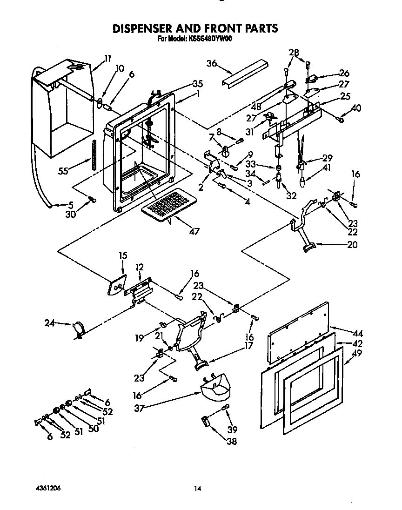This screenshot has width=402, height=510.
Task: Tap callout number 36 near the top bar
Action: point(212,64)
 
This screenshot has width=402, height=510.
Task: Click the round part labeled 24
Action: point(78,329)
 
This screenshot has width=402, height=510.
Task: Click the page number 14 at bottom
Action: point(198,488)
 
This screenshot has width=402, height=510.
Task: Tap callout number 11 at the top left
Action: point(107,59)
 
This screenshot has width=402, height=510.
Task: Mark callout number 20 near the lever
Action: point(352,245)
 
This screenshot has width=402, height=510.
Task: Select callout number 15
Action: point(123,255)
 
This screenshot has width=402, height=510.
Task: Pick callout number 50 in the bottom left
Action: point(93,429)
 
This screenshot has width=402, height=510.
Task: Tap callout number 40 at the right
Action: point(356,108)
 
